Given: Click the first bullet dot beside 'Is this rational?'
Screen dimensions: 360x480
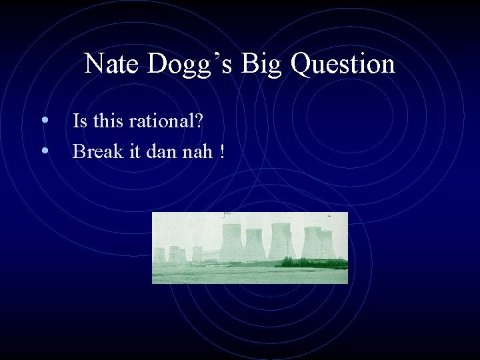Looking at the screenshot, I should tap(44, 121).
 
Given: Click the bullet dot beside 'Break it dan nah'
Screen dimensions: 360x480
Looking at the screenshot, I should tap(44, 151).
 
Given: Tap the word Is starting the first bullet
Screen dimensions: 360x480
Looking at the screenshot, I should tap(79, 121).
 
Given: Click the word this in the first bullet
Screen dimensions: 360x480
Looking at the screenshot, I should tap(107, 121).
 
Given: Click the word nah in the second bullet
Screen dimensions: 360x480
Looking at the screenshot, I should tap(198, 151).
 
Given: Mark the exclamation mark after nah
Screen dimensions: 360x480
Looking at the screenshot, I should tap(221, 151).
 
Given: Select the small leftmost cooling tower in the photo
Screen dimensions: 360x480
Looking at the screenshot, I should tap(159, 255).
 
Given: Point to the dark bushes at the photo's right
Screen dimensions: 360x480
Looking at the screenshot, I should tap(313, 263).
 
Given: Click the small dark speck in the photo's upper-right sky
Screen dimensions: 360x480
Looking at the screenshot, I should tap(328, 217).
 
